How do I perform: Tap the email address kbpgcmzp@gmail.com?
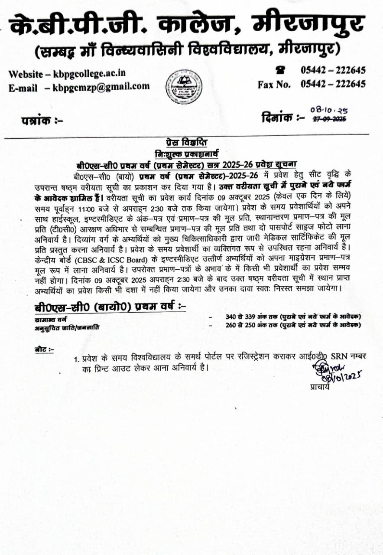point(101,86)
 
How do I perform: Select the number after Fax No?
point(333,84)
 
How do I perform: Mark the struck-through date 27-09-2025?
point(329,120)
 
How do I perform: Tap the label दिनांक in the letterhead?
point(277,117)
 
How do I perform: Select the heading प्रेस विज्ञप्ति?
point(186,143)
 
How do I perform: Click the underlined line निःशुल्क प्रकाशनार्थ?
point(187,153)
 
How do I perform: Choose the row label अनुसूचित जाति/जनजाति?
point(67,327)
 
